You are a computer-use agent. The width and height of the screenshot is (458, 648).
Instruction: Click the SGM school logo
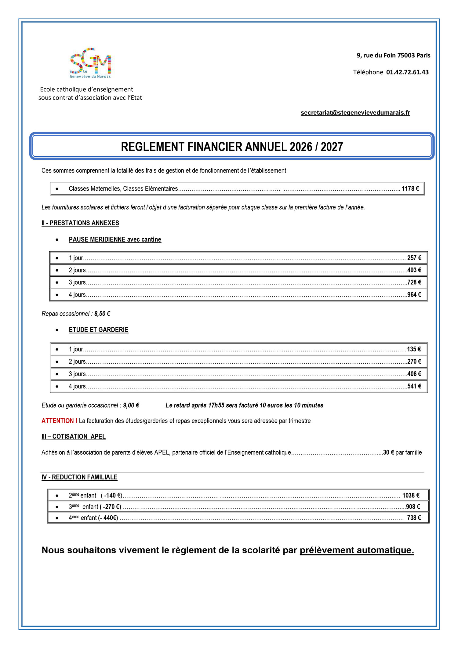tap(90, 63)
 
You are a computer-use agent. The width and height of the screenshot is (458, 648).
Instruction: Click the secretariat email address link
tap(355, 113)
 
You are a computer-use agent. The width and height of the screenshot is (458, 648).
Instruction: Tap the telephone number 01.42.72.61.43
tap(407, 72)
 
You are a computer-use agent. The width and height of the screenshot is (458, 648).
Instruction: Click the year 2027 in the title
tap(332, 147)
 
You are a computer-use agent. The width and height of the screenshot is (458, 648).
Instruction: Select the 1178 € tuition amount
tap(410, 189)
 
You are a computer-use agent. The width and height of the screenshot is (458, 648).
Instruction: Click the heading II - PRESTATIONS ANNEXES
tap(80, 223)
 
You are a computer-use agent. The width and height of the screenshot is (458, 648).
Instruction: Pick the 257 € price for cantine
tap(414, 258)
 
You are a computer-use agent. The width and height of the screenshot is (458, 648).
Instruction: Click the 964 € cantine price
tap(414, 295)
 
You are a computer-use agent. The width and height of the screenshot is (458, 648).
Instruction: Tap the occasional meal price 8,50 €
tap(102, 314)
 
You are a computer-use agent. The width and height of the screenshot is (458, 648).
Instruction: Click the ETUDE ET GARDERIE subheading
tap(98, 330)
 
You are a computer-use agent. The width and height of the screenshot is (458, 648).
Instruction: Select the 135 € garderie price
tap(414, 349)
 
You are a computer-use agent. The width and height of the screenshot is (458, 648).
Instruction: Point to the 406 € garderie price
tap(414, 374)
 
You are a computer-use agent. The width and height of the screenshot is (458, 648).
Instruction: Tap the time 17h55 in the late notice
tap(216, 406)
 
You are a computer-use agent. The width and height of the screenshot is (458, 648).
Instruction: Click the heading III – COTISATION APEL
tap(74, 437)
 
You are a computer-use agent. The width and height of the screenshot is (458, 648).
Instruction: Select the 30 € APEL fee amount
tap(388, 453)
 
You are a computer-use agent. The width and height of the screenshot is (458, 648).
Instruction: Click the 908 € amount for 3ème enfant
tap(413, 507)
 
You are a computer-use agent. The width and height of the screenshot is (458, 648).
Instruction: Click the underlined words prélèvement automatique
tap(357, 550)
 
